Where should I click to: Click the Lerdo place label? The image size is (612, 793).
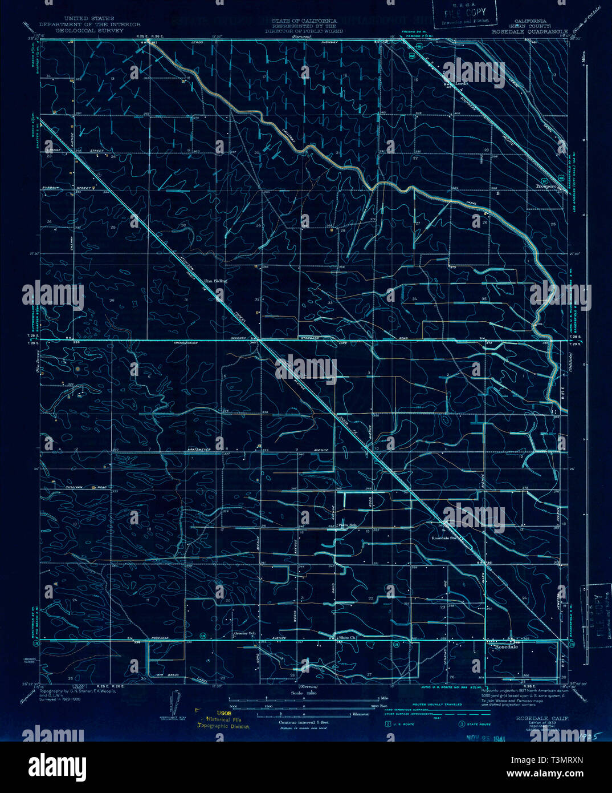pyautogui.click(x=462, y=83)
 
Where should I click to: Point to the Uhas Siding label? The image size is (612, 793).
pyautogui.click(x=215, y=281)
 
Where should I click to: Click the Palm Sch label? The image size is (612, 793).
pyautogui.click(x=347, y=525)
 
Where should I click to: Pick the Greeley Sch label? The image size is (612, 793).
pyautogui.click(x=243, y=633)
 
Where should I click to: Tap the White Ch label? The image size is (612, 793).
pyautogui.click(x=346, y=637)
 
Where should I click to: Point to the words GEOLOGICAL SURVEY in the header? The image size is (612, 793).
pyautogui.click(x=90, y=31)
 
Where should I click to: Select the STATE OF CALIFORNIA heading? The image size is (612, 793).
pyautogui.click(x=304, y=21)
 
